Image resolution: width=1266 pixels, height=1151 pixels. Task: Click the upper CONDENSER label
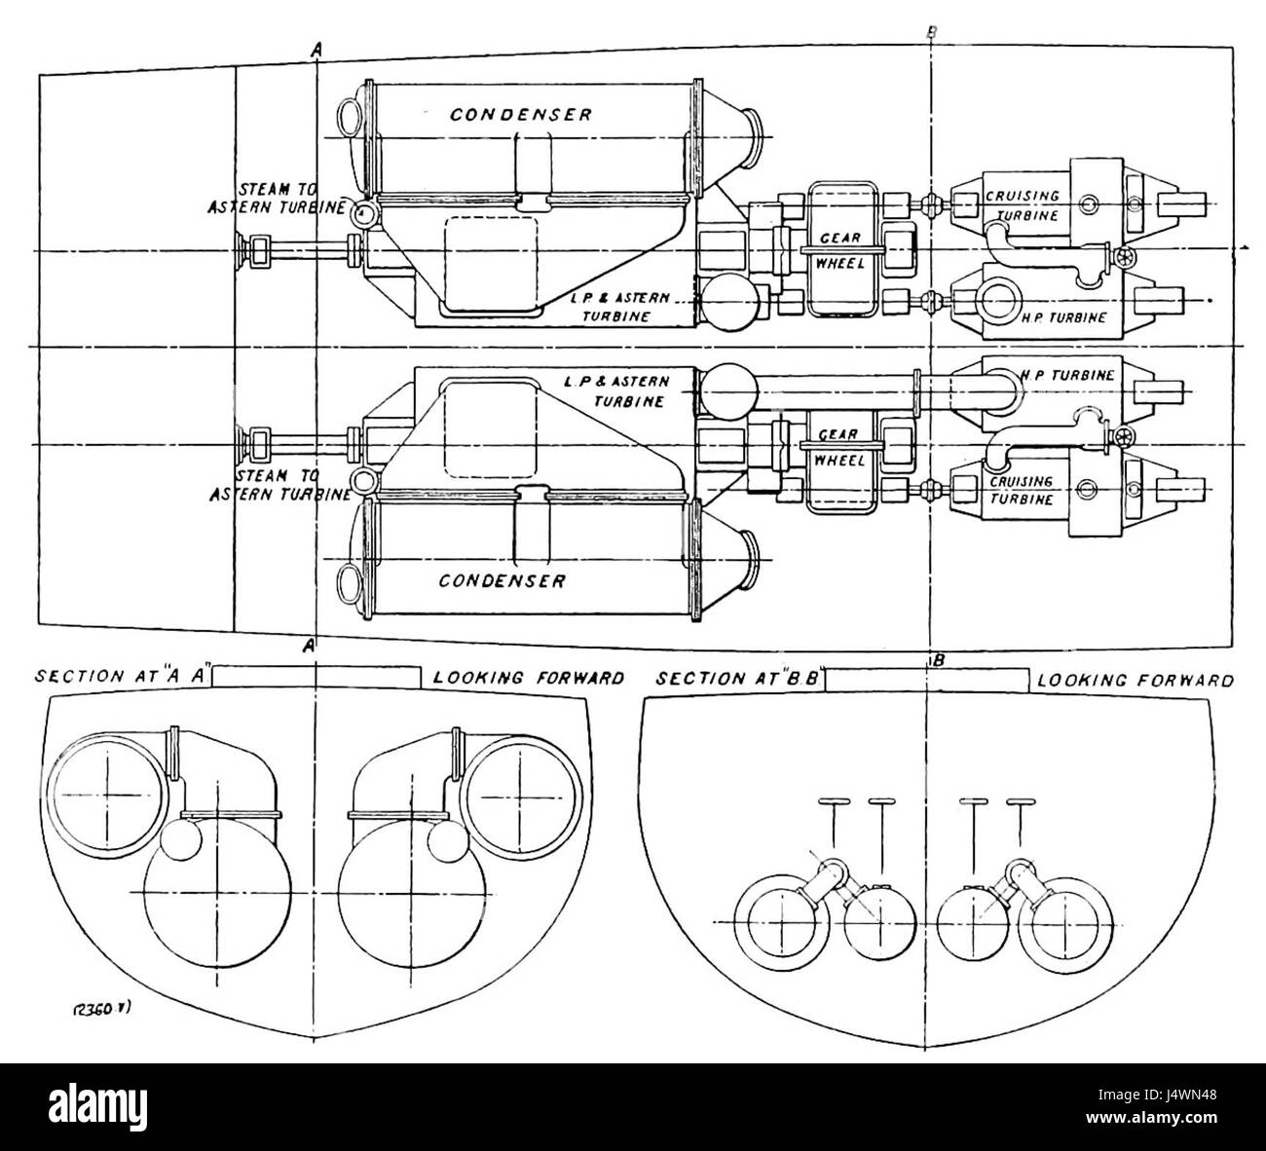[520, 115]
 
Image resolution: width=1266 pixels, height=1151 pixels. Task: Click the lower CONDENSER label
[502, 581]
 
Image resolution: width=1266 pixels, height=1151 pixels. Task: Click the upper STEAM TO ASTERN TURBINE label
[279, 199]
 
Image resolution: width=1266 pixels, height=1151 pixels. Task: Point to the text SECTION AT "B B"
[740, 678]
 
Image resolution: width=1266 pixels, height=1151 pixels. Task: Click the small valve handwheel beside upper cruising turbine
[1126, 258]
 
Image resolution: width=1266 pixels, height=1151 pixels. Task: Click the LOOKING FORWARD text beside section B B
[1136, 680]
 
